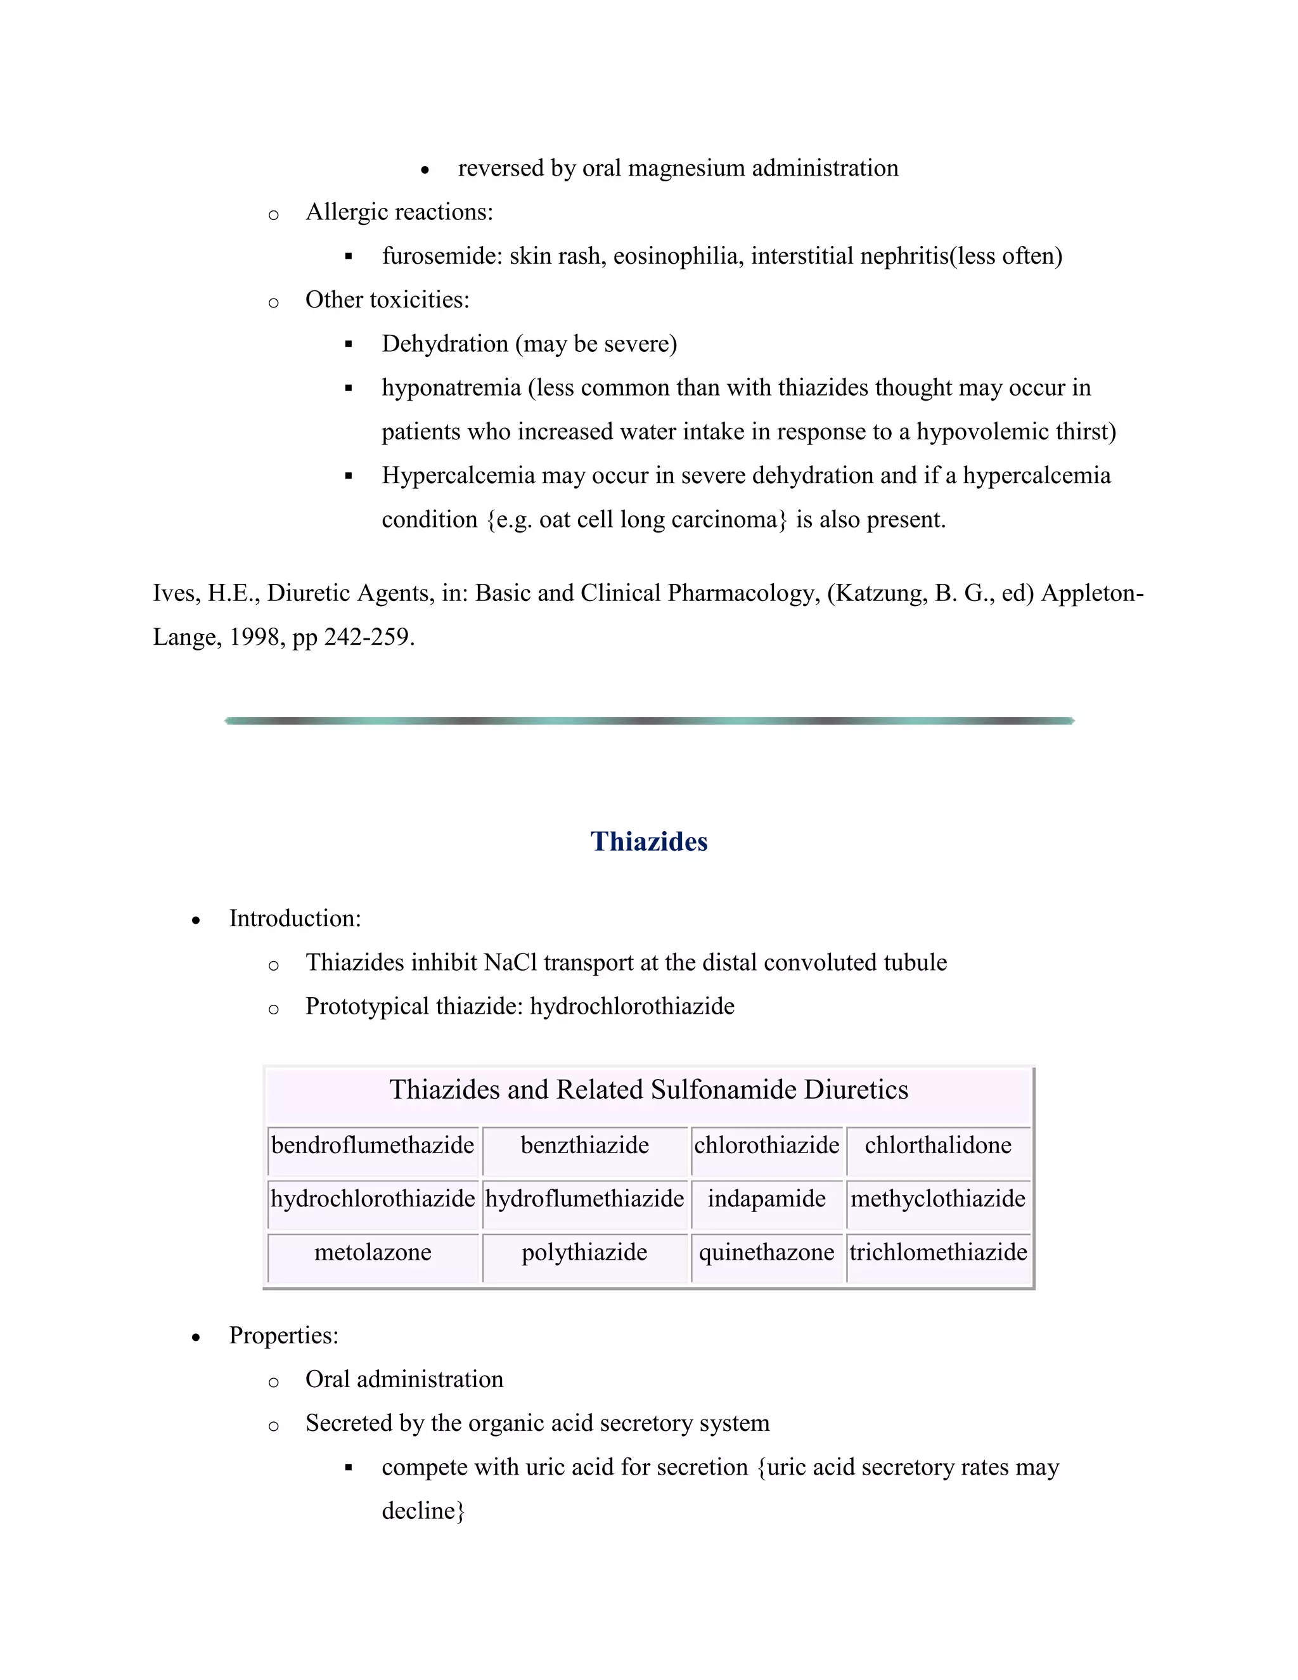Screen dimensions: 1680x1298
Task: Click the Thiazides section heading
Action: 648,841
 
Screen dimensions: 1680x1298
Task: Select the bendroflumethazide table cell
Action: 373,1146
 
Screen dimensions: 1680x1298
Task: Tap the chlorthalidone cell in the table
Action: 937,1146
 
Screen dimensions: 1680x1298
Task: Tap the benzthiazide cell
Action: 584,1146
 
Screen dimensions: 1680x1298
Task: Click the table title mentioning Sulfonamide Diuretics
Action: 648,1090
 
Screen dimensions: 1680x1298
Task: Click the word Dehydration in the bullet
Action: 444,344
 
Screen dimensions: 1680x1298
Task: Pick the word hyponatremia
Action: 451,388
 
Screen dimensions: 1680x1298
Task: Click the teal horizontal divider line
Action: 648,721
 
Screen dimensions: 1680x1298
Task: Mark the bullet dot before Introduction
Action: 196,921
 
